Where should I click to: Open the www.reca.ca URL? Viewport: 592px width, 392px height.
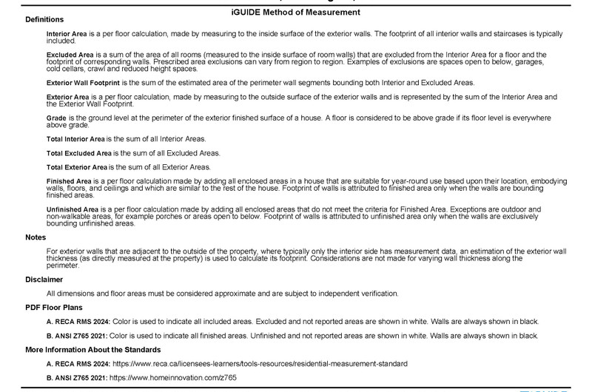266,364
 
